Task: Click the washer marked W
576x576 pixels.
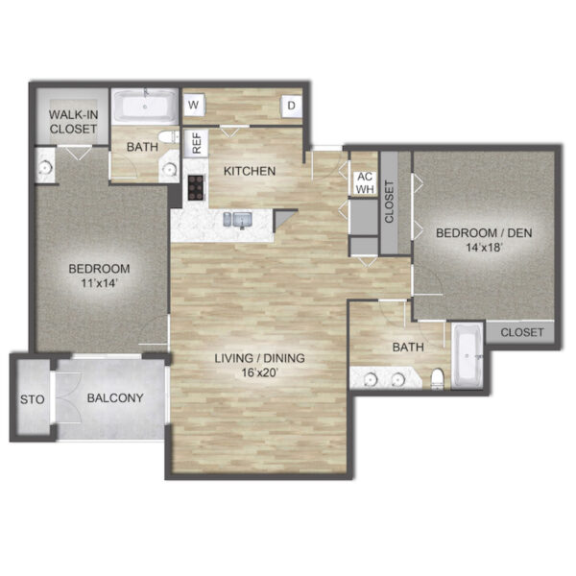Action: [x=194, y=105]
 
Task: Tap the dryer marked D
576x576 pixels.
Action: [x=291, y=106]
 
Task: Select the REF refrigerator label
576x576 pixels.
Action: [x=197, y=143]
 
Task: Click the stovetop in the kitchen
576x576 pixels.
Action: [x=196, y=188]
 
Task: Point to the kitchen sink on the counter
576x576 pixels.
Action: [x=238, y=221]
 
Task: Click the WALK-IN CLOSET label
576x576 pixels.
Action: [x=74, y=122]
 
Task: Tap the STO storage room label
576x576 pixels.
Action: [x=33, y=399]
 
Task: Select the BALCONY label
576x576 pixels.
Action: [x=115, y=397]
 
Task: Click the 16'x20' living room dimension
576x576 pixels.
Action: [x=259, y=373]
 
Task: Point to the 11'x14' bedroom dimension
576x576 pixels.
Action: [x=99, y=283]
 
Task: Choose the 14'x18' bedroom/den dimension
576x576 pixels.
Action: [x=484, y=248]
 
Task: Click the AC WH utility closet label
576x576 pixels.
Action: [x=365, y=183]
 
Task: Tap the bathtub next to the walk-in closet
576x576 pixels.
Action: [x=145, y=107]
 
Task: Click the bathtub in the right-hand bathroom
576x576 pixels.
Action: [x=468, y=355]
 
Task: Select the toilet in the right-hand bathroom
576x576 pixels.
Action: [x=437, y=379]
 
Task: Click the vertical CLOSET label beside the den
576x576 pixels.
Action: [x=389, y=202]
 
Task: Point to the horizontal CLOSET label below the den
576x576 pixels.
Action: [x=521, y=332]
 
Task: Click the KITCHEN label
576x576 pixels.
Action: [x=250, y=171]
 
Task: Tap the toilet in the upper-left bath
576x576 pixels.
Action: [x=169, y=137]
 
